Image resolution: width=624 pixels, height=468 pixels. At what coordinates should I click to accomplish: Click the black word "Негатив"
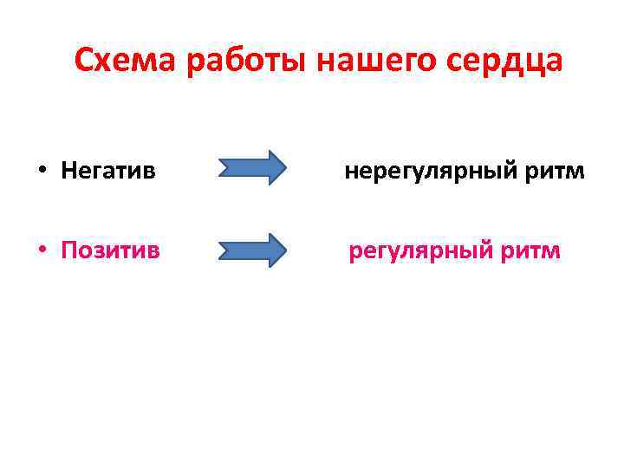(108, 171)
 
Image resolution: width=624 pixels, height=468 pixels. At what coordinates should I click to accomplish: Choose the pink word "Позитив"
(110, 251)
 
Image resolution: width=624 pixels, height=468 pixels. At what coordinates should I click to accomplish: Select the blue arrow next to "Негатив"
(251, 168)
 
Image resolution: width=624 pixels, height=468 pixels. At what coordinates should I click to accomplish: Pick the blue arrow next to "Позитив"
(251, 250)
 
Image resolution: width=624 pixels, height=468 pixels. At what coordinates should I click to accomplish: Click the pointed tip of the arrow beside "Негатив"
(285, 168)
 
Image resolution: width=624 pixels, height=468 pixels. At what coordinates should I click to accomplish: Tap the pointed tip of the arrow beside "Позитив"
(285, 250)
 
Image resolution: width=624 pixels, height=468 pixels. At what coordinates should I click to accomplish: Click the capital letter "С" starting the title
(84, 61)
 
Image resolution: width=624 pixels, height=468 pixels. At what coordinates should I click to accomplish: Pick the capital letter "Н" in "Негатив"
(69, 171)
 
